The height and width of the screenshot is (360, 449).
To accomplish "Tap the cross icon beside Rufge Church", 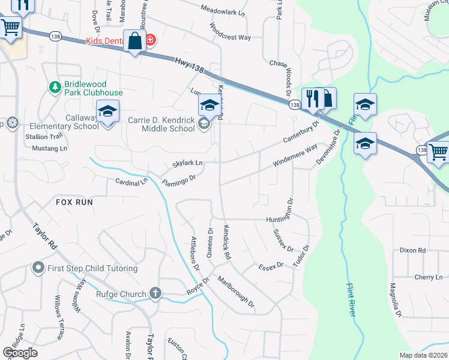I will coord(155,293).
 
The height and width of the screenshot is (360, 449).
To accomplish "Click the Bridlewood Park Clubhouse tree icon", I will coord(55,88).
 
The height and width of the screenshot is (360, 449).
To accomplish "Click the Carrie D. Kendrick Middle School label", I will coord(161,124).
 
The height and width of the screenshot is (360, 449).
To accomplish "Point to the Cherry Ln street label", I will coord(428,277).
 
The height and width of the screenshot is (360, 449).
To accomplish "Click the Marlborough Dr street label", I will coord(236,293).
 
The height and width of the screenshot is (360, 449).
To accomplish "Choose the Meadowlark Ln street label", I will coord(223,11).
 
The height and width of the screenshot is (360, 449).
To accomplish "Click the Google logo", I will coord(20,352).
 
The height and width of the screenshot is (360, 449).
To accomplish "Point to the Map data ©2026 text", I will coord(423,355).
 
